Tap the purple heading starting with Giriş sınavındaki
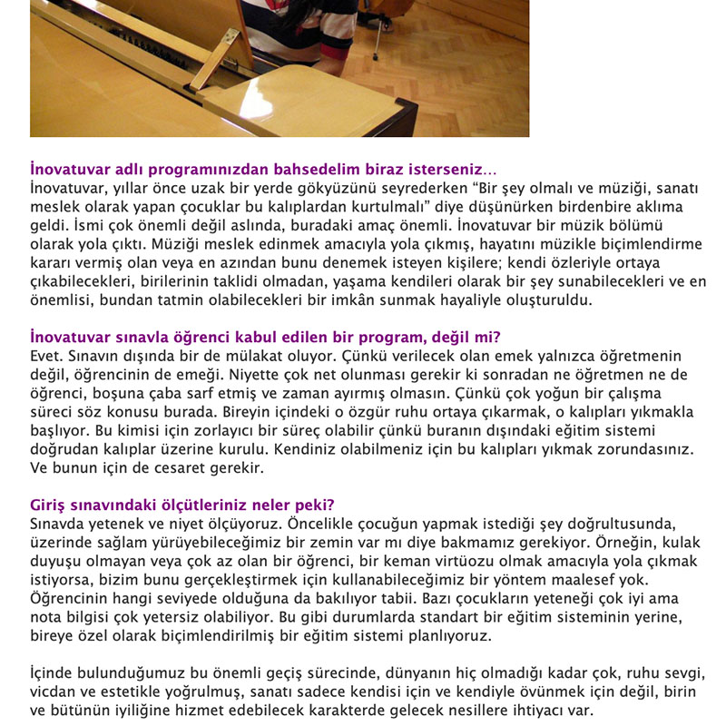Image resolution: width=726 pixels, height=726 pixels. pos(181,505)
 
